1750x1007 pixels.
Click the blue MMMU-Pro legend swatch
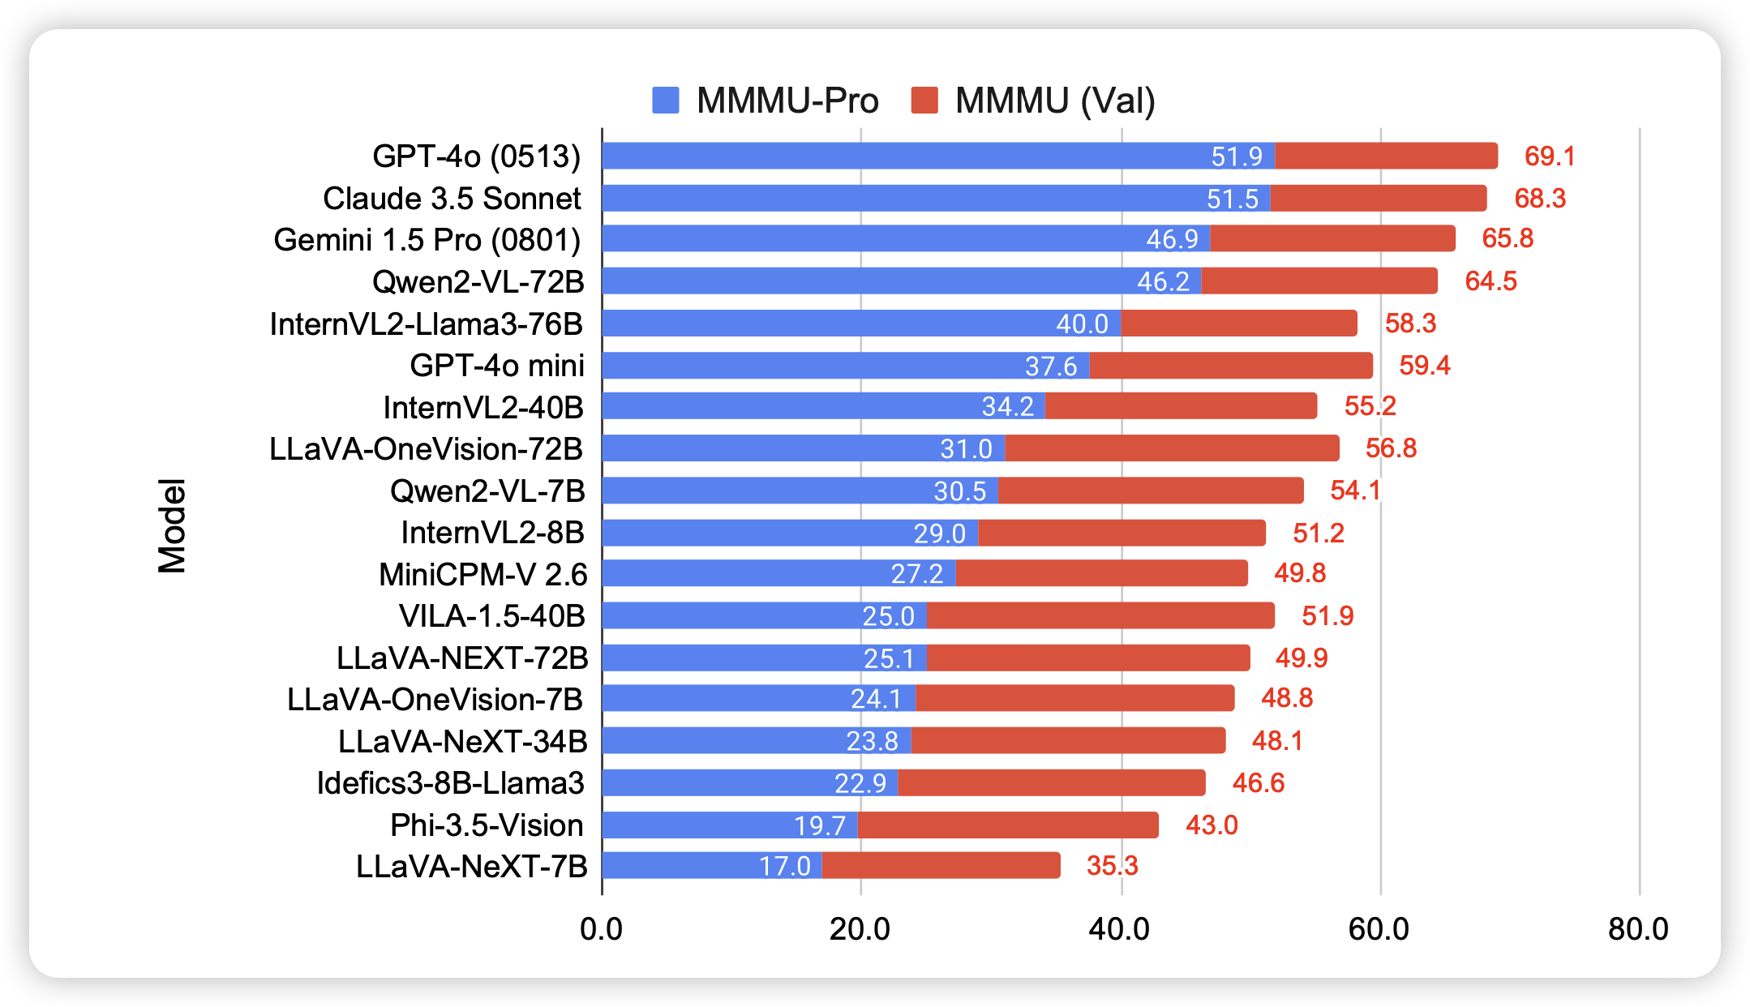click(666, 101)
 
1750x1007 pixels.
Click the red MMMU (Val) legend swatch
click(924, 101)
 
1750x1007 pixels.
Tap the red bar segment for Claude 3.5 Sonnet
click(1379, 199)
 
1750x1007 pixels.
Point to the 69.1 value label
click(1550, 156)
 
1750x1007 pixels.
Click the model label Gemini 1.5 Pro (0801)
click(427, 240)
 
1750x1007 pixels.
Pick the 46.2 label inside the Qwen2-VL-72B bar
click(1163, 281)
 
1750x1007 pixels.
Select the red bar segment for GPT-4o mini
click(1231, 366)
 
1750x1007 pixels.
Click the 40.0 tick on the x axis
click(1119, 929)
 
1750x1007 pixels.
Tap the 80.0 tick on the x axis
click(1638, 929)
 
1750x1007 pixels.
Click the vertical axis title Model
click(172, 526)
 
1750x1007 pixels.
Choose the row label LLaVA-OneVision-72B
click(426, 449)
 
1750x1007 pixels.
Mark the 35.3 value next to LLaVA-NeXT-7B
click(1112, 866)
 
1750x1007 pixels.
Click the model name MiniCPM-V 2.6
click(483, 575)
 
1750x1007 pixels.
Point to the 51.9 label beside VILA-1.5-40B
click(1328, 616)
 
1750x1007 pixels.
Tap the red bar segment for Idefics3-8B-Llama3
click(1052, 783)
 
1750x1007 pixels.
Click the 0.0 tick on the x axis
click(601, 929)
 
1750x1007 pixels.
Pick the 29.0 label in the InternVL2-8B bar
click(939, 533)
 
